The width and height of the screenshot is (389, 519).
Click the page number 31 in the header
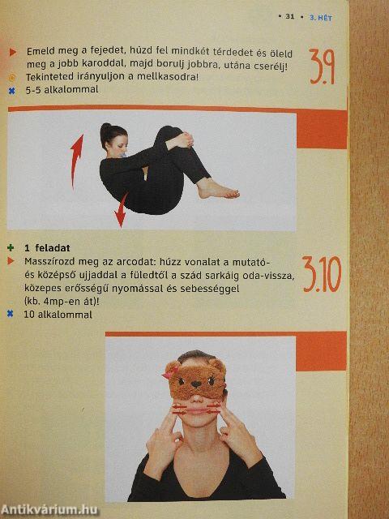[x=292, y=16]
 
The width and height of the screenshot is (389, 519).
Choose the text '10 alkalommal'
[x=58, y=314]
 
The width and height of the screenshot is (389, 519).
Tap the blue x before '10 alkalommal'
[x=11, y=314]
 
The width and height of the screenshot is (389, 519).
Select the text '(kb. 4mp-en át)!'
[x=65, y=301]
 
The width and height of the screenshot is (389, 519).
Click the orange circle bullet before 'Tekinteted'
[x=11, y=77]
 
